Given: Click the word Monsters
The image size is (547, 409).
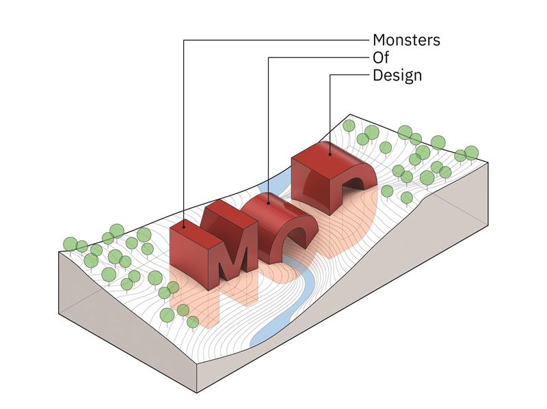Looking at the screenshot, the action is coord(406,40).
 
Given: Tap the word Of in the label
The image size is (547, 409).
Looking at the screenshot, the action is coord(381,57).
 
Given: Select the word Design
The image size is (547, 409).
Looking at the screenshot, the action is coord(397,76).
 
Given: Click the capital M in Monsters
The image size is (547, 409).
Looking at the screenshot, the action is coord(379,40).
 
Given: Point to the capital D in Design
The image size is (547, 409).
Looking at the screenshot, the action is coord(378,75).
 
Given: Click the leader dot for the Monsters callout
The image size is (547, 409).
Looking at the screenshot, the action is coord(184,227).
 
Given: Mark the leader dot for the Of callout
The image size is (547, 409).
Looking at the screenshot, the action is coord(268,202).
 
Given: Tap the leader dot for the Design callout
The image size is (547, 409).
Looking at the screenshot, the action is coord(330,153).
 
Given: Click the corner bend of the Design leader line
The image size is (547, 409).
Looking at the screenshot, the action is coord(330,74).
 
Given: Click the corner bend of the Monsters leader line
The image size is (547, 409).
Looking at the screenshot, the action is coord(184,40).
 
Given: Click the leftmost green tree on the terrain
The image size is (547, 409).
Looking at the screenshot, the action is coord(70,244).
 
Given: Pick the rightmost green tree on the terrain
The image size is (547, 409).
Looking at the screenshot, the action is coord(472,152).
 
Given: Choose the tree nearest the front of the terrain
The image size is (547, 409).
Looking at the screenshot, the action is coord(193,322).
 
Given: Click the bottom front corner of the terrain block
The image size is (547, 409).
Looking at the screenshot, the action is coord(197,393).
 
